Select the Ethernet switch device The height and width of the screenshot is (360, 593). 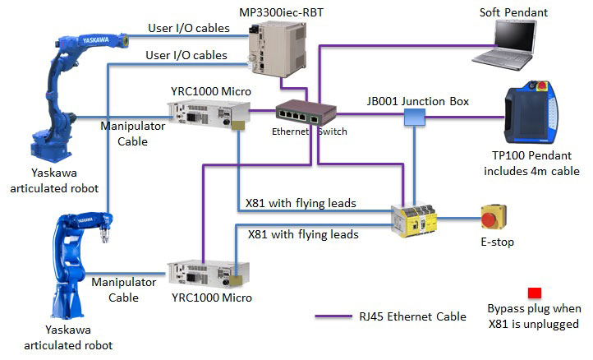300,112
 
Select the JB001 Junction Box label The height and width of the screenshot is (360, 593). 417,101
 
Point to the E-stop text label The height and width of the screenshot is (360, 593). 499,243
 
